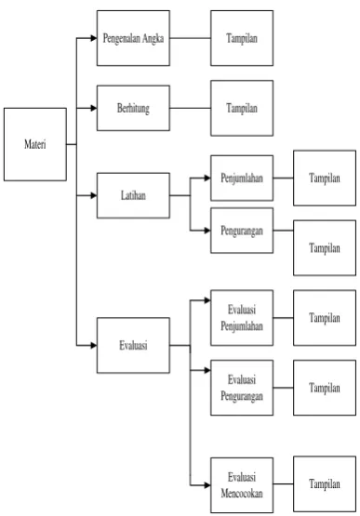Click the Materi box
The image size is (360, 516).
pyautogui.click(x=35, y=144)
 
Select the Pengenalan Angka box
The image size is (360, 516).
pyautogui.click(x=133, y=38)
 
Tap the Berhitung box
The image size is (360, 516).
pyautogui.click(x=133, y=108)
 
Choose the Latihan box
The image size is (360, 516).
pyautogui.click(x=133, y=195)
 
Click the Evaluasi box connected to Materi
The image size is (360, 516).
pyautogui.click(x=133, y=345)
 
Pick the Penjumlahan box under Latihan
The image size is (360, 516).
pyautogui.click(x=242, y=178)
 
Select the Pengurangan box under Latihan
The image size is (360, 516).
pyautogui.click(x=242, y=231)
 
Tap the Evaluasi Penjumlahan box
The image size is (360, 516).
pyautogui.click(x=242, y=318)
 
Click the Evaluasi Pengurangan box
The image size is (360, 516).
pyautogui.click(x=242, y=388)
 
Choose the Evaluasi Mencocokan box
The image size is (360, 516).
pyautogui.click(x=242, y=485)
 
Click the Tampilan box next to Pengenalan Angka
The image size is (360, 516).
pyautogui.click(x=242, y=38)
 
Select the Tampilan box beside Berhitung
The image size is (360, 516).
pyautogui.click(x=242, y=108)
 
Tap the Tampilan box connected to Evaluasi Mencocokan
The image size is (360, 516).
pyautogui.click(x=325, y=483)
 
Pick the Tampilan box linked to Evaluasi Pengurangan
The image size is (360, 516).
pyautogui.click(x=325, y=388)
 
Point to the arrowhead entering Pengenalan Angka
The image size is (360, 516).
pyautogui.click(x=94, y=38)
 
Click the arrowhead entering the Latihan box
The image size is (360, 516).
pyautogui.click(x=94, y=195)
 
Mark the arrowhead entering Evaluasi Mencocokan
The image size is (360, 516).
pyautogui.click(x=207, y=485)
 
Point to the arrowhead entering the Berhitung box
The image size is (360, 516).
pyautogui.click(x=94, y=108)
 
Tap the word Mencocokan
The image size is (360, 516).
pyautogui.click(x=242, y=494)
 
